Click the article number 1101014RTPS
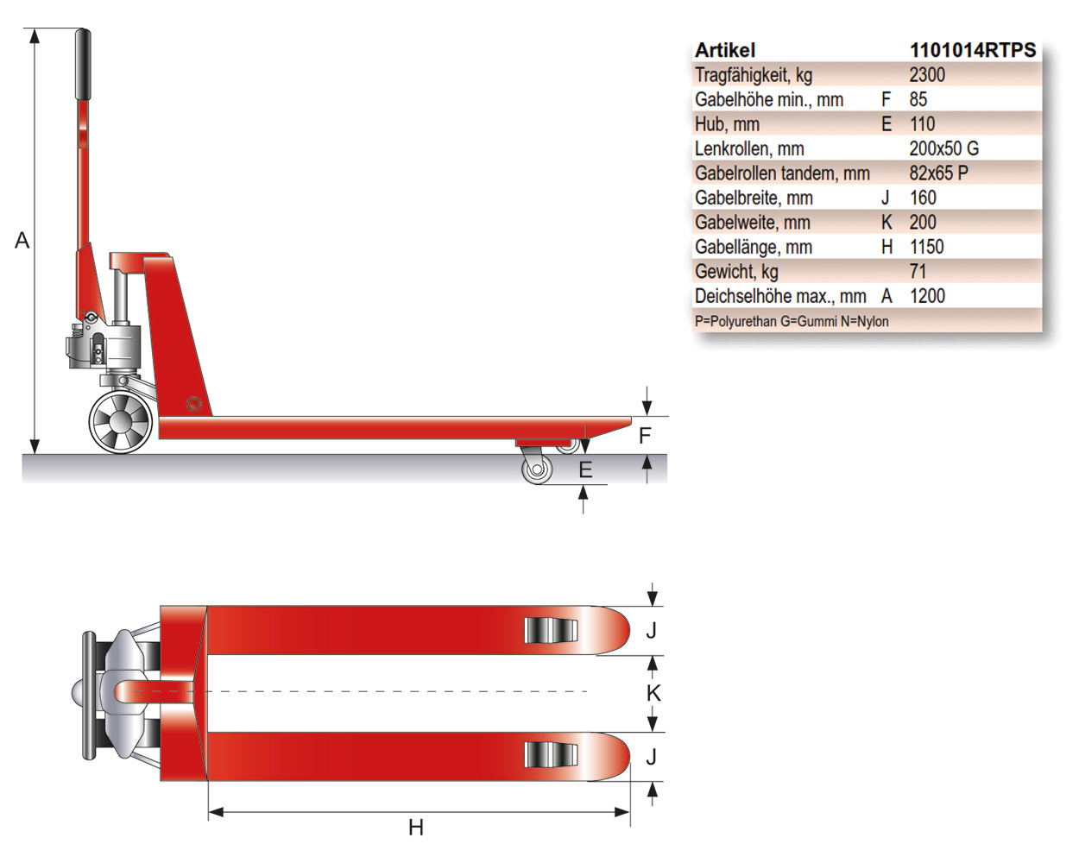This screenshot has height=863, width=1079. coord(973,50)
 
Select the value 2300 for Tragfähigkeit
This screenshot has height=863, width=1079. coord(927,75)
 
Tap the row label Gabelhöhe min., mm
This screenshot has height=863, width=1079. coord(769,99)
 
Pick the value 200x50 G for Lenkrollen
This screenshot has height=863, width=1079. coord(944,148)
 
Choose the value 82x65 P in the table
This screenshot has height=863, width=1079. coord(938,173)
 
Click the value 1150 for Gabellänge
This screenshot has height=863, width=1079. coord(926,247)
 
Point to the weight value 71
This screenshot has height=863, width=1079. coord(918,271)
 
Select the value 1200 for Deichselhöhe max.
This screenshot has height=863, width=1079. coord(927,296)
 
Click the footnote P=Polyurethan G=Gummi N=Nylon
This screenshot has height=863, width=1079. coord(792,321)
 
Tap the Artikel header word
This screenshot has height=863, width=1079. coord(725,50)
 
